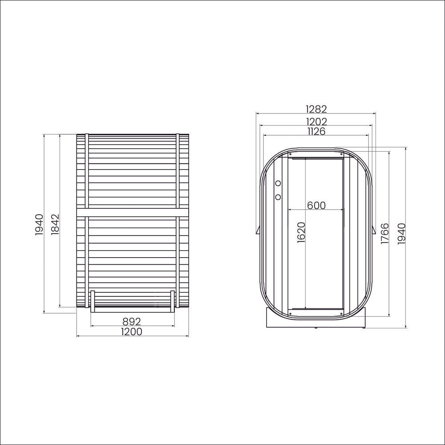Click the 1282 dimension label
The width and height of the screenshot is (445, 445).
pos(316,109)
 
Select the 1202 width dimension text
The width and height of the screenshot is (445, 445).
pos(316,122)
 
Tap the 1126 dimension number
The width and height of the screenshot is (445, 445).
pos(316,131)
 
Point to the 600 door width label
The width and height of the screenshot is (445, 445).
pos(316,205)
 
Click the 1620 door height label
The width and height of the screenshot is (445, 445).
pos(301,232)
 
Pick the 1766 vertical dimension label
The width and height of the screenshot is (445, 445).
pos(384,234)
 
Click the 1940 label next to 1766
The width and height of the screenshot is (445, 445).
pos(401,234)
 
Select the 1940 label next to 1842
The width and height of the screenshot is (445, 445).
pos(39,225)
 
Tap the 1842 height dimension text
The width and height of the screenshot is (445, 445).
pos(55,224)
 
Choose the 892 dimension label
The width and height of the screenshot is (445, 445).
pos(132,322)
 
